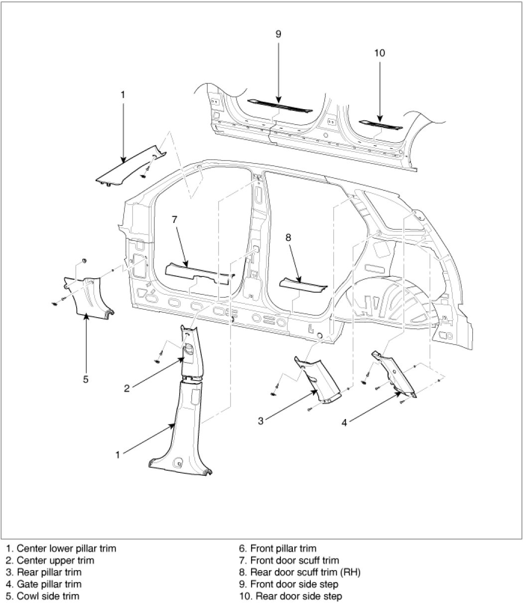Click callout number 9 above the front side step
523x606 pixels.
(278, 34)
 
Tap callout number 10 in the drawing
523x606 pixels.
(380, 53)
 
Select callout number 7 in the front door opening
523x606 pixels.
(174, 219)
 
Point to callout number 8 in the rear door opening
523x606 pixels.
(288, 238)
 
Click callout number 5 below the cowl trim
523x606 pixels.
(86, 379)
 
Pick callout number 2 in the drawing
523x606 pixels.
(127, 388)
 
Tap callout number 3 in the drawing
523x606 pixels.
(261, 420)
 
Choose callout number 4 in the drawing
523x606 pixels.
(344, 422)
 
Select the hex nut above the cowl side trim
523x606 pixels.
(84, 261)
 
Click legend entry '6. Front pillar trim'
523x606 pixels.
(277, 549)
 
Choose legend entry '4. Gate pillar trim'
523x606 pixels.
(44, 584)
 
